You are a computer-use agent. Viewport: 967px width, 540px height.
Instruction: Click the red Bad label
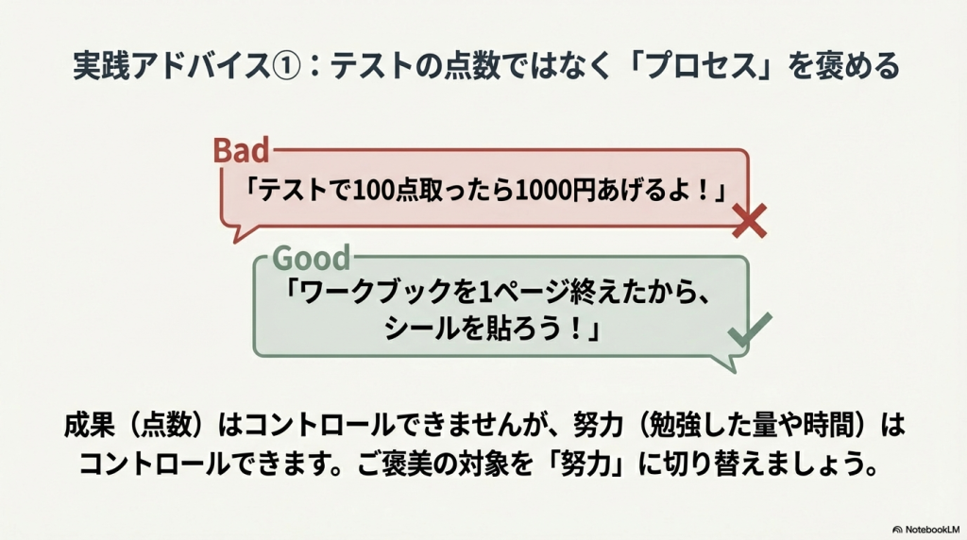242,150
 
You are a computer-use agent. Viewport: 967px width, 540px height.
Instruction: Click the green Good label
312,258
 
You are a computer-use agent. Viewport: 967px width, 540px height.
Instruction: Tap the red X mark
749,220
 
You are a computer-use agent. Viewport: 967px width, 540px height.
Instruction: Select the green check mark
750,329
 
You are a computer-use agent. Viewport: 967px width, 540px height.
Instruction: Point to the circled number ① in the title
285,66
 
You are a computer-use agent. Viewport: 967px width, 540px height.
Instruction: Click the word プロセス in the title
700,66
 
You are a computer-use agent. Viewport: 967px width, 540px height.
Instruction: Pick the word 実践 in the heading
101,66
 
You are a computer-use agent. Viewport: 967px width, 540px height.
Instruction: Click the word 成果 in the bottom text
90,426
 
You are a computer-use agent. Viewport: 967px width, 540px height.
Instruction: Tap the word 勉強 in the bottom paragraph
675,426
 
